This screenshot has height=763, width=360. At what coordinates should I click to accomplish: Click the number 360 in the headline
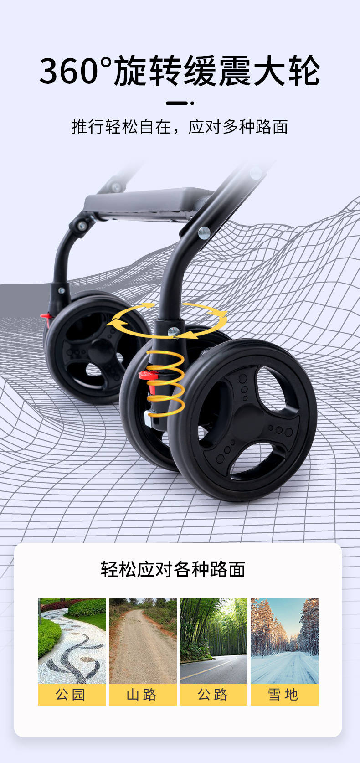[x=69, y=71]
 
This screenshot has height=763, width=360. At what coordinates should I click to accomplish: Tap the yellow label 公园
[x=72, y=694]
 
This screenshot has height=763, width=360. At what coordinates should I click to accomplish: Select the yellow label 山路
[x=143, y=694]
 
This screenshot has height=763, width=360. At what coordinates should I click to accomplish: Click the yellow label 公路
[x=214, y=694]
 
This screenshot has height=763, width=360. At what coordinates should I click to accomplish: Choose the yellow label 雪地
[x=284, y=694]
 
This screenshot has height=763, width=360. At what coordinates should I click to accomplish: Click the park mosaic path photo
[x=72, y=640]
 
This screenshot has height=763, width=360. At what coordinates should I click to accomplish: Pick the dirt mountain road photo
[x=143, y=640]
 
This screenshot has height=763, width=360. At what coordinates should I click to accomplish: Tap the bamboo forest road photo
[x=214, y=640]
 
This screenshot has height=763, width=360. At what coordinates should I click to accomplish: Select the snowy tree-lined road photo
[x=284, y=640]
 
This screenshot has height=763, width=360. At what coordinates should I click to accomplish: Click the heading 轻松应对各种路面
[x=173, y=569]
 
